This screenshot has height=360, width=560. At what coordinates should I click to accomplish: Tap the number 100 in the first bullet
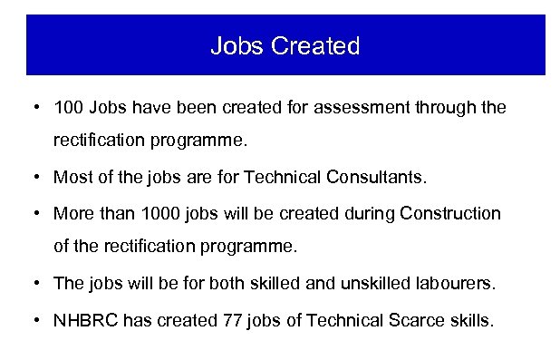[68, 108]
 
